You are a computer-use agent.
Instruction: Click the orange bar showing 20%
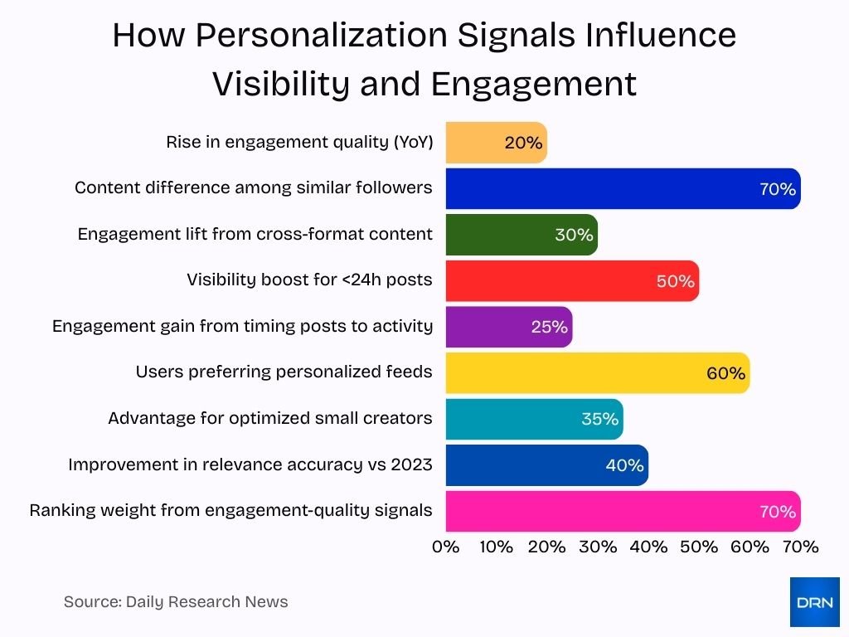coord(496,143)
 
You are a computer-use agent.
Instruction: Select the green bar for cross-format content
coord(521,235)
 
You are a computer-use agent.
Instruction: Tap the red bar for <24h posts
coord(572,281)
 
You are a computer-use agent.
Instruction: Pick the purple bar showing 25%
coord(508,327)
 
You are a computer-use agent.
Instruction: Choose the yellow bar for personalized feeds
coord(597,373)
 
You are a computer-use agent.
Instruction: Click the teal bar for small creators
coord(534,419)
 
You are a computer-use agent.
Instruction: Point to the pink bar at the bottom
coord(622,511)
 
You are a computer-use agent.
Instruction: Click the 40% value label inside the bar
coord(624,465)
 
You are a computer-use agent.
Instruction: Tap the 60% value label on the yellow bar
coord(725,373)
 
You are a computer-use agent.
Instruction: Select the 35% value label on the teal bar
coord(599,419)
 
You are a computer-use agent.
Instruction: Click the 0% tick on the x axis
coord(446,547)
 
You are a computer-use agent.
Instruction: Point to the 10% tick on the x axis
coord(497,547)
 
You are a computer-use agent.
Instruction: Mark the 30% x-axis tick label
coord(598,547)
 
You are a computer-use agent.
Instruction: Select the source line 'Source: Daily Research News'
coord(176,602)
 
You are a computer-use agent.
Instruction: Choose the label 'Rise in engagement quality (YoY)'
coord(299,142)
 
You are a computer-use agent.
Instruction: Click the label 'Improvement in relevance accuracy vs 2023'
coord(250,464)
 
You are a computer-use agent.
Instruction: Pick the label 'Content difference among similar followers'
coord(254,187)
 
